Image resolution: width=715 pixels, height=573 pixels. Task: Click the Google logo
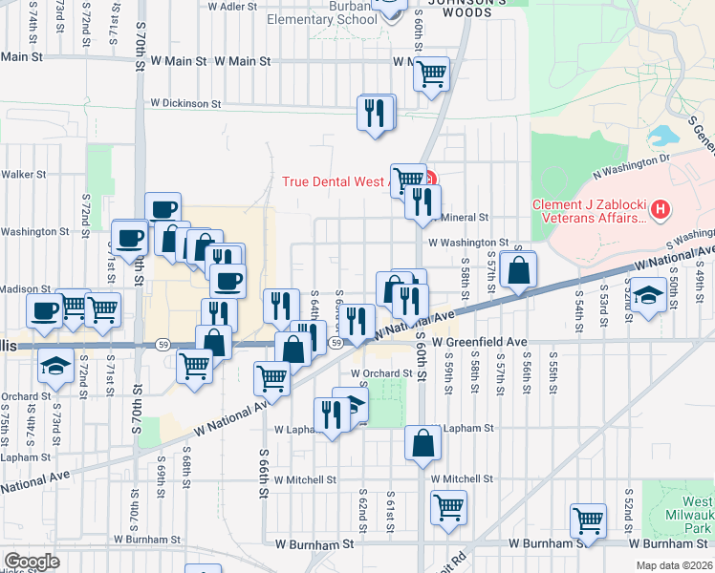pos(31,562)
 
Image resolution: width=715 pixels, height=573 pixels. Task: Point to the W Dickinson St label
pos(185,103)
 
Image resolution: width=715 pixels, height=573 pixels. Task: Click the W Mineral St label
pos(463,218)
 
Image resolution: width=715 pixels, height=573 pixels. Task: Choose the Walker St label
pos(23,174)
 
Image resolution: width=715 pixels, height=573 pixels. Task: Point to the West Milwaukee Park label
pos(697,515)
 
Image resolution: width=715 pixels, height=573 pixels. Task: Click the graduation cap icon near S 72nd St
pos(55,365)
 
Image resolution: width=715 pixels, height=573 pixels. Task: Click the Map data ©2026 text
pos(675,565)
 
